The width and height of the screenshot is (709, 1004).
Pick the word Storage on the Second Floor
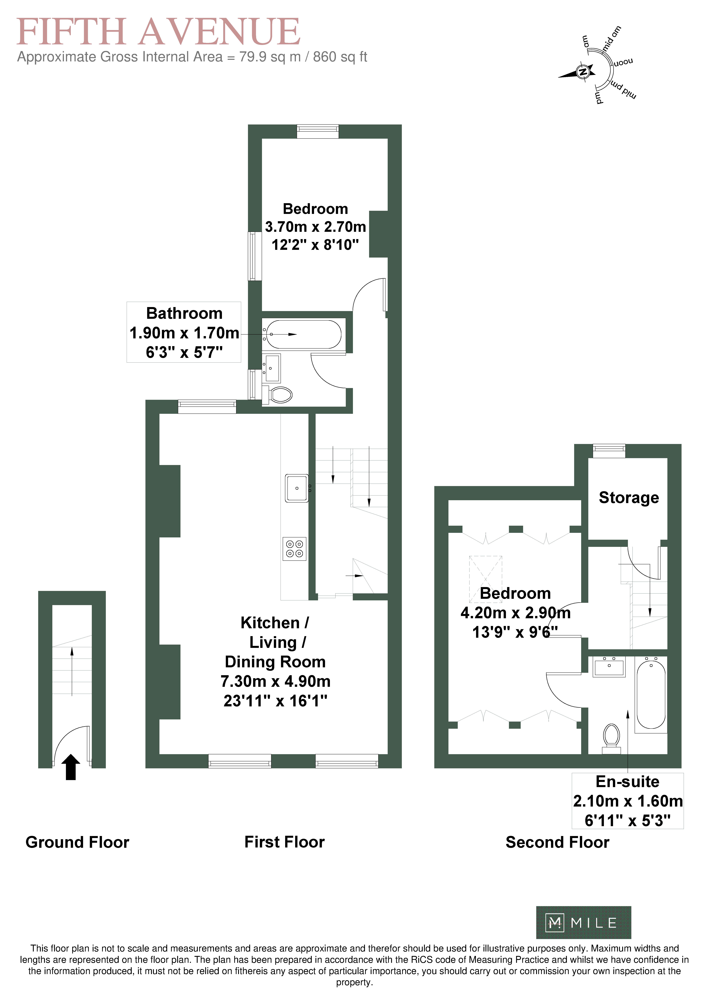pos(629,498)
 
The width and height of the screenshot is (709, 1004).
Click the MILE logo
pos(584,923)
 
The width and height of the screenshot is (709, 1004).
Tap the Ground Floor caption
pos(77,842)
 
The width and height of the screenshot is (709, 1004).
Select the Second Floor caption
pos(557,842)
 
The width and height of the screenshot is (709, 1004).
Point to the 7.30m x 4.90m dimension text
pos(275,681)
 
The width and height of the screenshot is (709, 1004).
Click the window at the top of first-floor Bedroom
pos(318,131)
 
